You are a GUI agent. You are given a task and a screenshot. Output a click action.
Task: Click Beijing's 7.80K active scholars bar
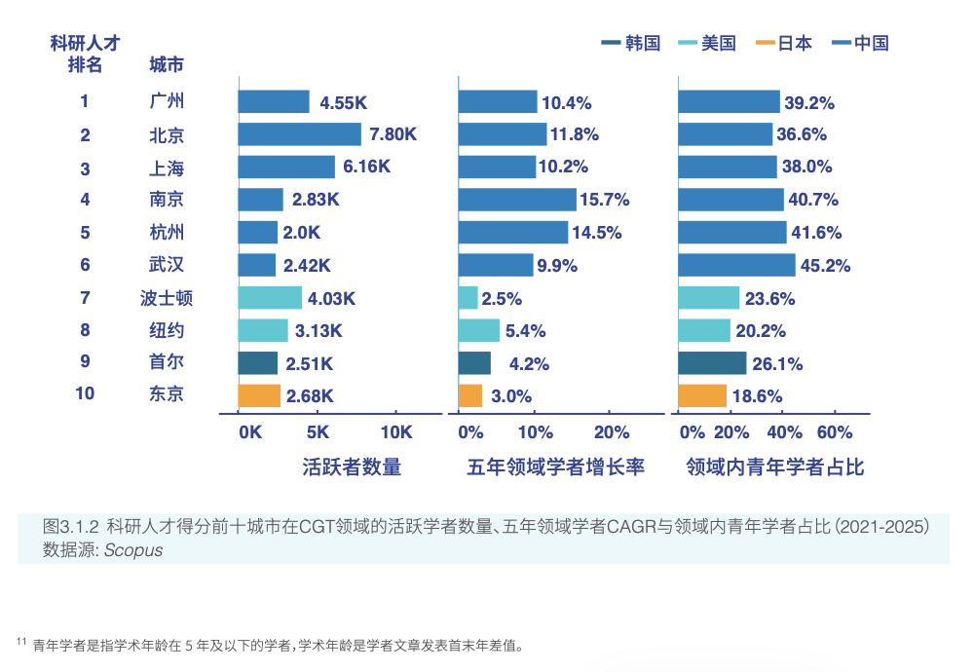(299, 134)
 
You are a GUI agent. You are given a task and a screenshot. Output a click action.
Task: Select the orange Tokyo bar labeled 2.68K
(259, 395)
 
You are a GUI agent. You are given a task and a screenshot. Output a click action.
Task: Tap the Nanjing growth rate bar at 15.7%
(517, 200)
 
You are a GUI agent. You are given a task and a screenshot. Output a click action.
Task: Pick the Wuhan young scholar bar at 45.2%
(736, 265)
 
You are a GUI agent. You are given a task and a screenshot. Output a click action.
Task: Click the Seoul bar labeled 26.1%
(713, 363)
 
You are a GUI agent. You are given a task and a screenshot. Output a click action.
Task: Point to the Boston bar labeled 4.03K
(270, 298)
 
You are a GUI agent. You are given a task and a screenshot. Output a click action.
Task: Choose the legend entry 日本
(784, 43)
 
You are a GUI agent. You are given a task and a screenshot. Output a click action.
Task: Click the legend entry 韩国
(631, 43)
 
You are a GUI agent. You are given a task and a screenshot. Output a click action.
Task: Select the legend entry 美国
(707, 43)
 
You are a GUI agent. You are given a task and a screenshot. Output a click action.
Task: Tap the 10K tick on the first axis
(396, 432)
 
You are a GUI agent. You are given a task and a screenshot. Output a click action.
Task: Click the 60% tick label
(835, 432)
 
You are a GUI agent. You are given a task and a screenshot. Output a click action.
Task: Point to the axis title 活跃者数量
(353, 467)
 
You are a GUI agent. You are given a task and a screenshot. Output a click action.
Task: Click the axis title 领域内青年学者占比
(775, 467)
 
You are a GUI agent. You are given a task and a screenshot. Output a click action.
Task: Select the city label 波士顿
(167, 298)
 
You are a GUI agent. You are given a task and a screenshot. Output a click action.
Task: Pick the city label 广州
(167, 100)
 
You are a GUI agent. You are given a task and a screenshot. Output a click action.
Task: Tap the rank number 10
(85, 393)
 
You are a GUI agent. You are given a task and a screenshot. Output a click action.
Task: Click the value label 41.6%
(816, 233)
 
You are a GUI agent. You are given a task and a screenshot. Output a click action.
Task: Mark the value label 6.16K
(366, 167)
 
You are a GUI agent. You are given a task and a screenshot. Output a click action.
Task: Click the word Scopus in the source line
(133, 550)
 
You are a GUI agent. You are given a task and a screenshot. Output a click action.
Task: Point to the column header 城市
(167, 64)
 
